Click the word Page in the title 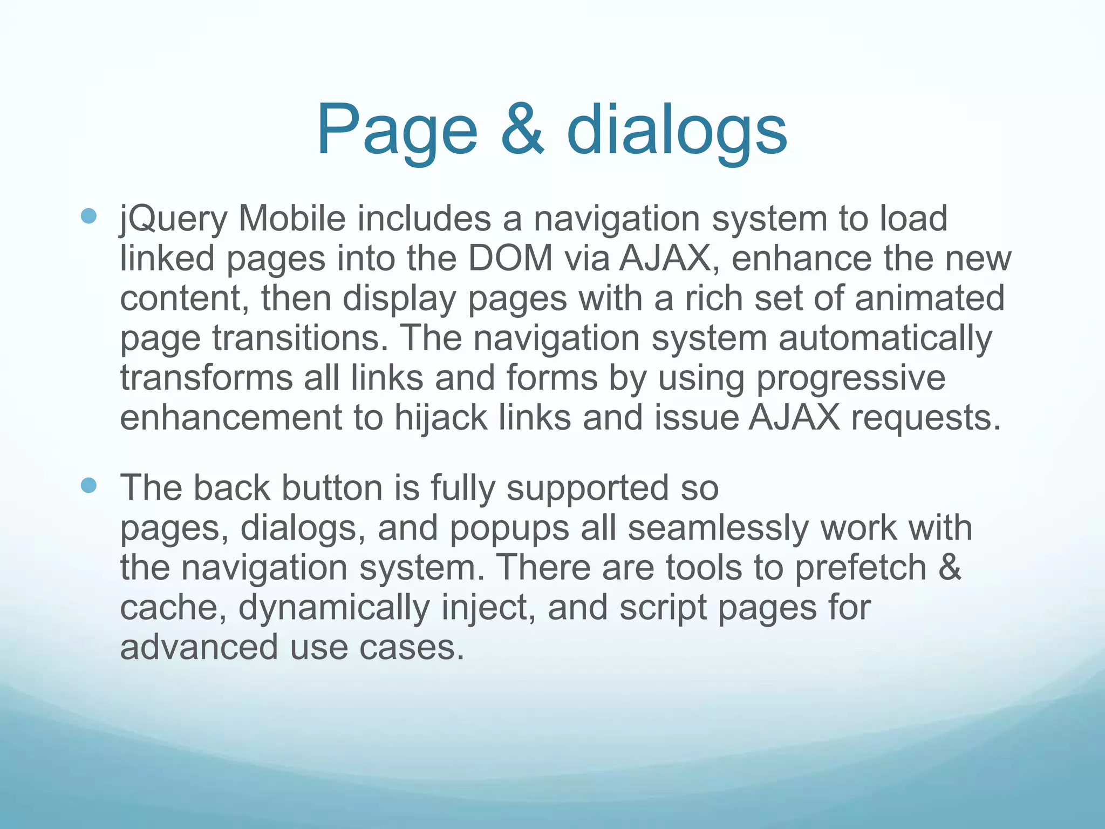[397, 131]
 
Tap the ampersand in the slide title [522, 131]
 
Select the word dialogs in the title [677, 131]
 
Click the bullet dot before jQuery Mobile [88, 216]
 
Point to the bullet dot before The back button [88, 485]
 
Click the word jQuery [173, 219]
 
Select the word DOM [510, 259]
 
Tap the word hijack [440, 418]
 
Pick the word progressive [850, 378]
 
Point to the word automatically [885, 338]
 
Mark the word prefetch [861, 568]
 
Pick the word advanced [199, 647]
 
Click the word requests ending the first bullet [925, 418]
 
